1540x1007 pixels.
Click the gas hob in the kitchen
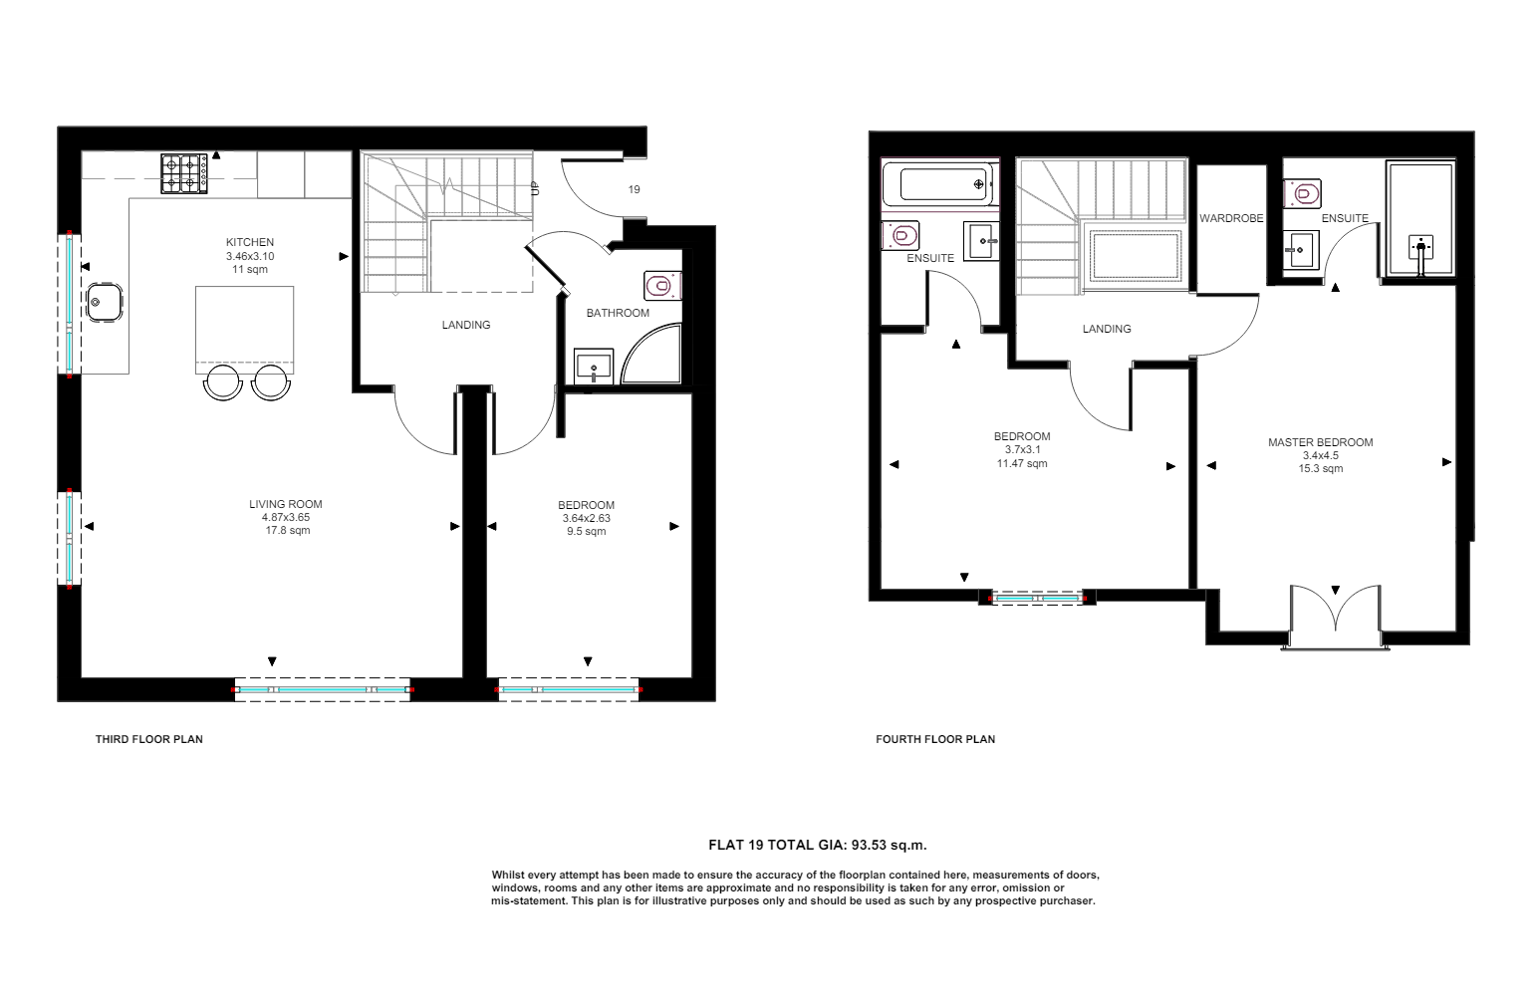[x=184, y=172]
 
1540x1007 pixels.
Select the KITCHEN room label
[x=249, y=242]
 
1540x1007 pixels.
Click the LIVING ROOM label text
[x=285, y=504]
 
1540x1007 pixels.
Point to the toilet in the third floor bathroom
[x=662, y=286]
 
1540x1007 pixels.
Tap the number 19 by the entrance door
[x=634, y=189]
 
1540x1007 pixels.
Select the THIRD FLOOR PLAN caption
[x=148, y=739]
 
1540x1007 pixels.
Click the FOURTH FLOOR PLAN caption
[x=934, y=739]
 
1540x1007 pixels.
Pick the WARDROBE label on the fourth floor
[x=1230, y=218]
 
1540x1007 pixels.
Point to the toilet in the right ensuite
[x=1304, y=189]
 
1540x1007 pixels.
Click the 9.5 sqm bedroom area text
[x=586, y=531]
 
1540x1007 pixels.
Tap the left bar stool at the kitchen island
[x=223, y=381]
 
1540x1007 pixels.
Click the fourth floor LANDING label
[x=1106, y=329]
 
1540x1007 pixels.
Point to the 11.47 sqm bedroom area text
[x=1021, y=463]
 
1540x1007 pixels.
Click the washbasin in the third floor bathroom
[x=595, y=367]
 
